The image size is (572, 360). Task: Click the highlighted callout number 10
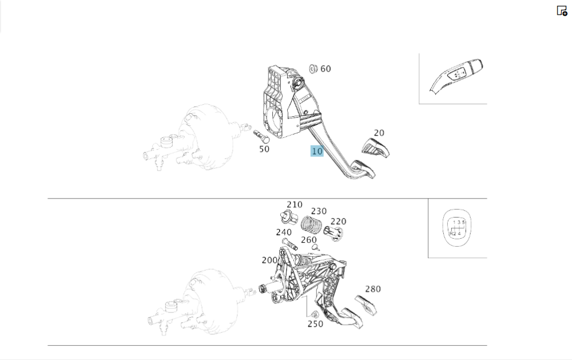coord(317,151)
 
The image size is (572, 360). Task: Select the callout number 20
coord(379,133)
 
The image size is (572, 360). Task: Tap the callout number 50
coord(264,149)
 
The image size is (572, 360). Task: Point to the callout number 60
coord(325,69)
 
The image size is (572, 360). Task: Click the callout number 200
coord(269,260)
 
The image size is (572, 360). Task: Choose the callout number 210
coord(295,204)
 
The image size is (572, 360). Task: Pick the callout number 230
coord(319,211)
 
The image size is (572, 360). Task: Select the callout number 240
coord(284,232)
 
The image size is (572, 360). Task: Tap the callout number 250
coord(315,324)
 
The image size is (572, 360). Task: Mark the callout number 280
coord(373,289)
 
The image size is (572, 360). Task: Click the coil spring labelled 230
coord(312,224)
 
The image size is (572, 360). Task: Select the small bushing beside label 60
coord(313,69)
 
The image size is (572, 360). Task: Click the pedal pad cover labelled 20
coord(376,148)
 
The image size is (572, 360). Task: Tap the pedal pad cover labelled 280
coord(366,304)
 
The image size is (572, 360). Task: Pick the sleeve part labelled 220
coord(333,232)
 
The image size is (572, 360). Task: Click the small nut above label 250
coord(315,314)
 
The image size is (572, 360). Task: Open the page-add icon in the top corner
coord(562,11)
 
